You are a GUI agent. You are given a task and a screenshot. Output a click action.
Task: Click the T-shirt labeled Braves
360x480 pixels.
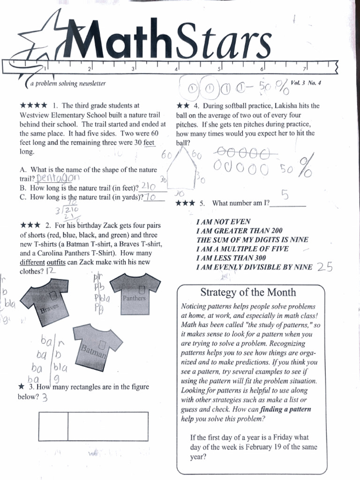click(x=46, y=300)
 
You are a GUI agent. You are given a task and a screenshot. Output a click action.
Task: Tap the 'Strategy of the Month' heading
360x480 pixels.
click(x=248, y=292)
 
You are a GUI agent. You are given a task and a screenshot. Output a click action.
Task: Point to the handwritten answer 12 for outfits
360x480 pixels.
click(x=51, y=271)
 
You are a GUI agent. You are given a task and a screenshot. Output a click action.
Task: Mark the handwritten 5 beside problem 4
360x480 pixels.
click(x=285, y=194)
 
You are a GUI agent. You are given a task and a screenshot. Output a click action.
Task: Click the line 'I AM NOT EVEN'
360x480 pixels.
click(x=223, y=221)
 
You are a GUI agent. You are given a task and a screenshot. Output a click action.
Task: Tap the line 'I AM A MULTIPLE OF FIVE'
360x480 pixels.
click(x=242, y=248)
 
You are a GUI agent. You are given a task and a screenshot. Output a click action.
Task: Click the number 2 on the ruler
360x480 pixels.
click(x=89, y=69)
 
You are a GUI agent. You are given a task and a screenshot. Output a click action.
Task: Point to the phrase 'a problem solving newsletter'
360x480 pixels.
click(x=68, y=84)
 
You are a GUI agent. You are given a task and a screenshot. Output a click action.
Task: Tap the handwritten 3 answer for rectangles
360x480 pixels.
click(x=45, y=398)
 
